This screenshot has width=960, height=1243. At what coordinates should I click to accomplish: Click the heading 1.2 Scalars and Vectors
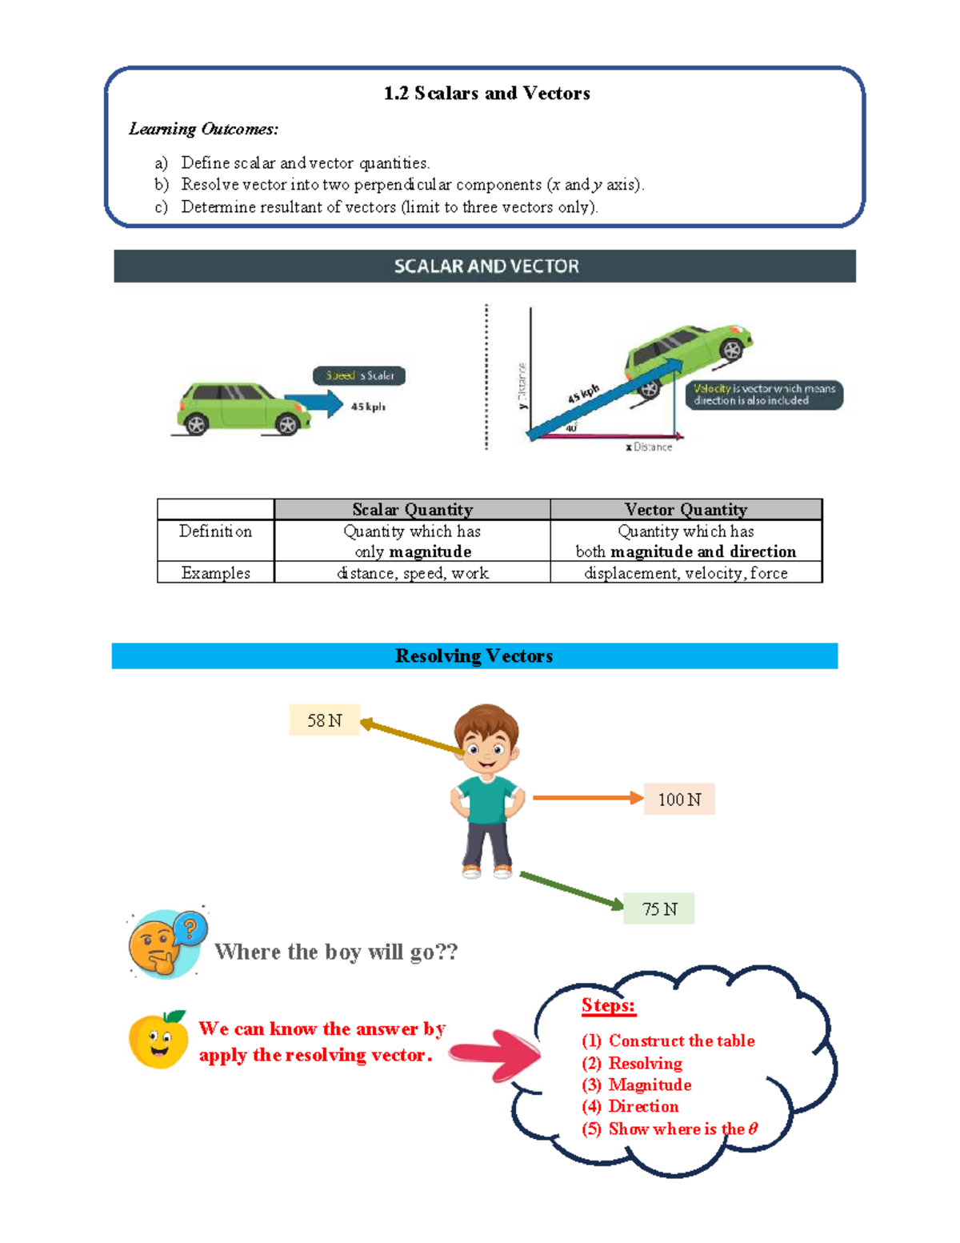[x=486, y=94]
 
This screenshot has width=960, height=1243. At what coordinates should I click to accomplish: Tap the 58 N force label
[x=324, y=720]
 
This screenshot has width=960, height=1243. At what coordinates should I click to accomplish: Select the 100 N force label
[x=679, y=800]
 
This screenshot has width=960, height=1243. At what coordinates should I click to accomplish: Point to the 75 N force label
[x=659, y=909]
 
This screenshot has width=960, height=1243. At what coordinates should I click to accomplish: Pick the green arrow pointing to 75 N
[x=571, y=890]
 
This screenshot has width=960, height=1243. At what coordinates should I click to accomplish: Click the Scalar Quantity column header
[x=412, y=510]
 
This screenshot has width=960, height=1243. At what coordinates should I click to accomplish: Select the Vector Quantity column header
[x=686, y=510]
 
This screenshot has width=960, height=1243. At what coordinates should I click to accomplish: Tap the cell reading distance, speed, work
[x=412, y=573]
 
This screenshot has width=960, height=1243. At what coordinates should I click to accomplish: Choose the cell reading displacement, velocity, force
[x=686, y=573]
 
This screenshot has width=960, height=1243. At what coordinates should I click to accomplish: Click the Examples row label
[x=215, y=573]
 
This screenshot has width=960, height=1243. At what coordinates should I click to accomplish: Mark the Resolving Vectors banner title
[x=474, y=656]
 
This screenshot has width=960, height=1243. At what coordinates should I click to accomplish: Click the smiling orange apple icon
[x=158, y=1040]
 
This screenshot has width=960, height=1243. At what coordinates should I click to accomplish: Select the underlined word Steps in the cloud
[x=608, y=1005]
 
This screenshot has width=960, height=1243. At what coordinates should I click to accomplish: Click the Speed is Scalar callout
[x=359, y=375]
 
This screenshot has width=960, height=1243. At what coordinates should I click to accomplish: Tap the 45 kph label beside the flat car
[x=368, y=407]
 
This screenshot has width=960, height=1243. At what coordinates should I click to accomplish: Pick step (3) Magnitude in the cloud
[x=637, y=1085]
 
